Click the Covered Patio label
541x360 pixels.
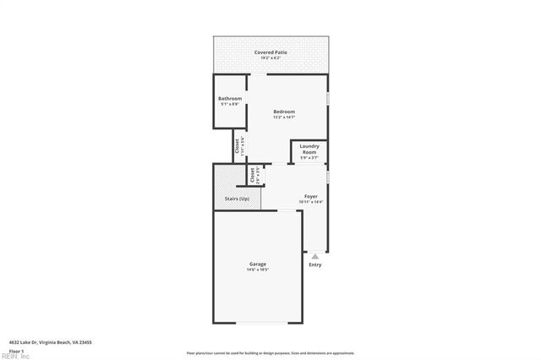pos(270,52)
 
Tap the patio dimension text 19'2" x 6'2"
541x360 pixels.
pos(270,58)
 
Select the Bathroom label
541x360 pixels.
pos(230,99)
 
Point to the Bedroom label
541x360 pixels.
pos(284,112)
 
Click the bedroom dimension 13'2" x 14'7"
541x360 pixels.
pos(284,117)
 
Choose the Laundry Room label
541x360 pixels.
pos(309,149)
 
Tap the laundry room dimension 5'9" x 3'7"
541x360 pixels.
pos(309,158)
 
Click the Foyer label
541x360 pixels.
pos(311,196)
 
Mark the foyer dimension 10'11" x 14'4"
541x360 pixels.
pos(311,202)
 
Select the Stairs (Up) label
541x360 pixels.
pos(237,199)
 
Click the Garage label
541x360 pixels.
pos(257,264)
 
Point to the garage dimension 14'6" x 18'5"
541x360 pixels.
pos(257,270)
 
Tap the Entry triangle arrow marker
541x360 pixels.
pos(315,255)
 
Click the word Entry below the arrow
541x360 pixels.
pos(315,265)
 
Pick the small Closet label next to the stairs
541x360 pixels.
pos(252,175)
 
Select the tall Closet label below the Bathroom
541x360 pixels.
pos(238,145)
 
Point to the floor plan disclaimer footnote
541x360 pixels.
pos(270,353)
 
